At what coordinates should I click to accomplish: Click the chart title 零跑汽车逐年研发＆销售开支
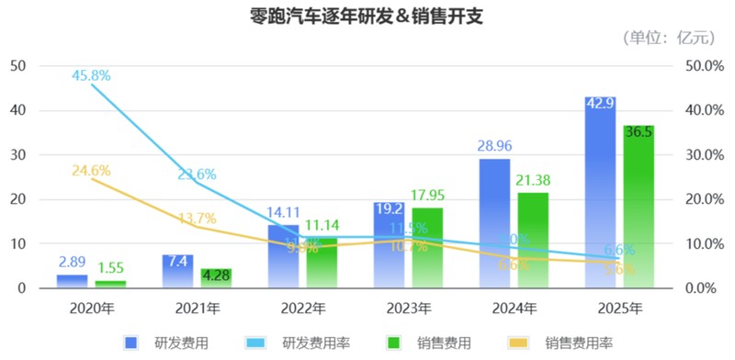[x=367, y=16]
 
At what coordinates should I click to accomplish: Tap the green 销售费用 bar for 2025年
[x=639, y=207]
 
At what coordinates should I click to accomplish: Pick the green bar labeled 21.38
[x=533, y=241]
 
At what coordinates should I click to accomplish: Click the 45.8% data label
[x=91, y=75]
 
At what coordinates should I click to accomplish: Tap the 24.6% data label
[x=91, y=170]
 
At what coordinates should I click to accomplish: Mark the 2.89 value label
[x=73, y=263]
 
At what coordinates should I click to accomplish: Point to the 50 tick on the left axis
[x=17, y=65]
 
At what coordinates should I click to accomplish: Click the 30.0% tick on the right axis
[x=703, y=154]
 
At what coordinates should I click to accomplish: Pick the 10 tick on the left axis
[x=17, y=244]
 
